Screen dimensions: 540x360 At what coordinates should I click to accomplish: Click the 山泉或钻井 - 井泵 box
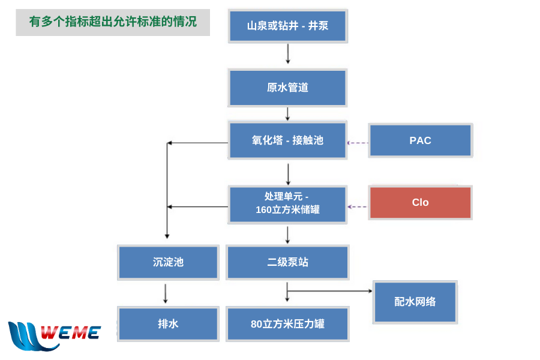click(x=288, y=26)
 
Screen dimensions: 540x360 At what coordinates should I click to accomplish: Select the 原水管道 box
click(x=287, y=88)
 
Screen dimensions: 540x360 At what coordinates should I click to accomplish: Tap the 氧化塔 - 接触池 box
click(x=287, y=140)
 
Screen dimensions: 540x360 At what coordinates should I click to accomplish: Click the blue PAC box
click(x=421, y=140)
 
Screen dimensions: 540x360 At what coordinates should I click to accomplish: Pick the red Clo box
click(x=421, y=203)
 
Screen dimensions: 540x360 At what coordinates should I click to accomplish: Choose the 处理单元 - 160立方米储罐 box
click(x=287, y=205)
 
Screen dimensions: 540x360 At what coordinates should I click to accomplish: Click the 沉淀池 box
click(x=168, y=263)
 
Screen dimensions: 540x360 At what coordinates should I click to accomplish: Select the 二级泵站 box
click(x=287, y=263)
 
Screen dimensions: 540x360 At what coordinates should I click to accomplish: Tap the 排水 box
click(x=168, y=324)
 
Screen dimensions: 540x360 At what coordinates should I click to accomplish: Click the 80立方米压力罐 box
click(x=287, y=324)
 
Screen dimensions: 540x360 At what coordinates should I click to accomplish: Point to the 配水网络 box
click(x=415, y=302)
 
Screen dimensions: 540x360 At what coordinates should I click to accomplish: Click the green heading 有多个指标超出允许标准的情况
click(x=113, y=22)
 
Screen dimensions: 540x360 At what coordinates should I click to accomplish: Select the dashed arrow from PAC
click(x=358, y=143)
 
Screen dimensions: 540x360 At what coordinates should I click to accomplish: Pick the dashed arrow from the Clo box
click(x=358, y=206)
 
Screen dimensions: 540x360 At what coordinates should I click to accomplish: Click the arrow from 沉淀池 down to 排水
click(x=166, y=293)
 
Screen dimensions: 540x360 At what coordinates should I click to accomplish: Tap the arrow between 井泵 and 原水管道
click(x=288, y=54)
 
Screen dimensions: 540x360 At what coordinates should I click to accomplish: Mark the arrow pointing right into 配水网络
click(x=329, y=291)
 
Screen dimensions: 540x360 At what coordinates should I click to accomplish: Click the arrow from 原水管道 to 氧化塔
click(x=287, y=113)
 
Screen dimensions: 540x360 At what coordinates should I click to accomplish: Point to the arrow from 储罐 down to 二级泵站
click(x=287, y=235)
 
